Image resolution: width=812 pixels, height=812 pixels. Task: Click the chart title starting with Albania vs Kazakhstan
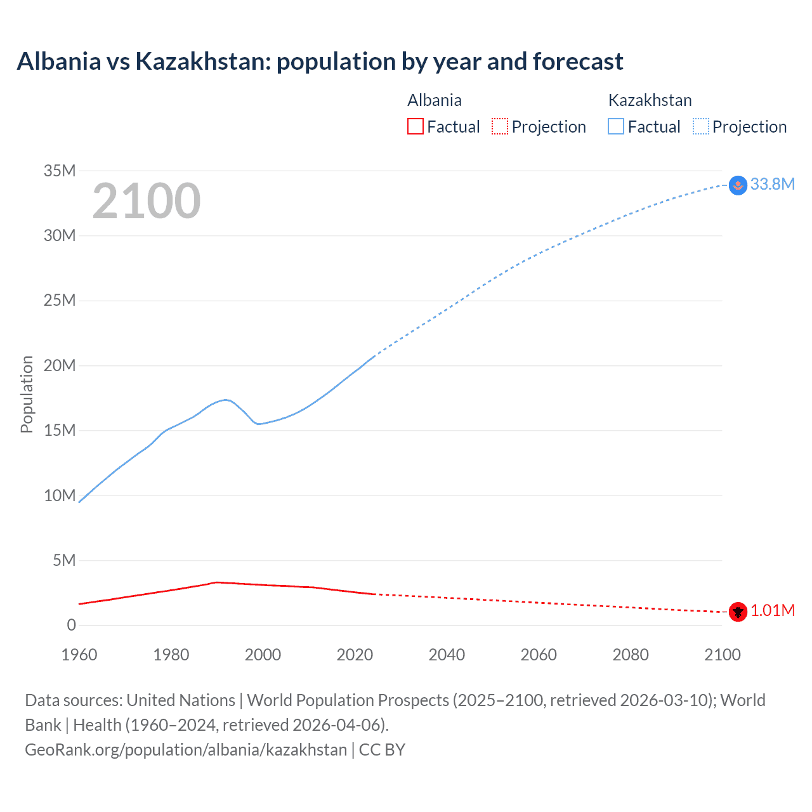[320, 62]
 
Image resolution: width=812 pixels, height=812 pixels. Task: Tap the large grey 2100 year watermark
[147, 201]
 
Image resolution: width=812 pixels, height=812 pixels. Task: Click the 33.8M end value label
[772, 184]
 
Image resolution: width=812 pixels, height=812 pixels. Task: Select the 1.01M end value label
[772, 610]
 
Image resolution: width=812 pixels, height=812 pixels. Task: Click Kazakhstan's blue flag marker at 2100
[738, 185]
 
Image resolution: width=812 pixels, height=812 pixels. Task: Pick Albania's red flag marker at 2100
[738, 612]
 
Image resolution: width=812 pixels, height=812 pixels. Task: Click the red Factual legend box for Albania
[415, 126]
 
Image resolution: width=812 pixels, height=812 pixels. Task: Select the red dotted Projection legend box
[500, 126]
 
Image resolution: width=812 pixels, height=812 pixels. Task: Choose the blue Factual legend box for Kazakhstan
[615, 126]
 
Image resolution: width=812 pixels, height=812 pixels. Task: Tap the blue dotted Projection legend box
[700, 126]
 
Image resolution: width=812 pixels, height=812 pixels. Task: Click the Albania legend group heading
[435, 100]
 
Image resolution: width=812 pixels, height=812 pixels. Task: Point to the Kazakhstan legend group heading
[650, 100]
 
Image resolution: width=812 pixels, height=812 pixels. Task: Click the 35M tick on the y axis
[60, 171]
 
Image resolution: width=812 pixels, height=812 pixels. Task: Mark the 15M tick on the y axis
[60, 430]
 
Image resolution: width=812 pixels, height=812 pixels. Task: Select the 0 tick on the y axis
[71, 625]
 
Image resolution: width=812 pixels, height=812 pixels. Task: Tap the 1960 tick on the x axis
[79, 655]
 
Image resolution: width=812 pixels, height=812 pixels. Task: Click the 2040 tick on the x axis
[447, 655]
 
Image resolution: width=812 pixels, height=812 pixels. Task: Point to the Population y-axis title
[27, 394]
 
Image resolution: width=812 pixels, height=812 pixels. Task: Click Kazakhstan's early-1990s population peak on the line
[225, 400]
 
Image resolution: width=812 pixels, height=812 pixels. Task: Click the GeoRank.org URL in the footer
[186, 750]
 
